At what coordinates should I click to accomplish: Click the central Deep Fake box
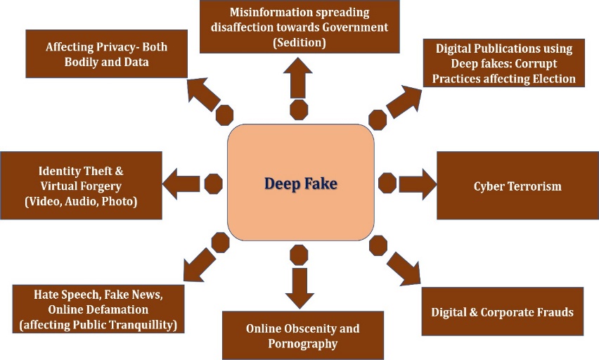pos(300,184)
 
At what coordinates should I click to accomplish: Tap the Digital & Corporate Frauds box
pos(502,311)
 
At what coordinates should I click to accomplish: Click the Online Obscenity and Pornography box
pos(303,336)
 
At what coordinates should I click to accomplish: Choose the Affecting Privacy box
pos(107,54)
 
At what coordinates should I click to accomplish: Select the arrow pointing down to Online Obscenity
pos(299,287)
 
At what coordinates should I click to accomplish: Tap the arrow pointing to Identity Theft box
pos(180,184)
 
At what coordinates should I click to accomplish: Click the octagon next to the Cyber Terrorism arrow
pos(387,184)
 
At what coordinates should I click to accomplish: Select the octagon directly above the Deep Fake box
pos(299,110)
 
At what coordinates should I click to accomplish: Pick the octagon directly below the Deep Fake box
pos(299,255)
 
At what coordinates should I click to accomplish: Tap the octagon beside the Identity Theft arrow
pos(213,184)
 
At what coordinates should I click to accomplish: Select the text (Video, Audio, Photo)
pos(81,202)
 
